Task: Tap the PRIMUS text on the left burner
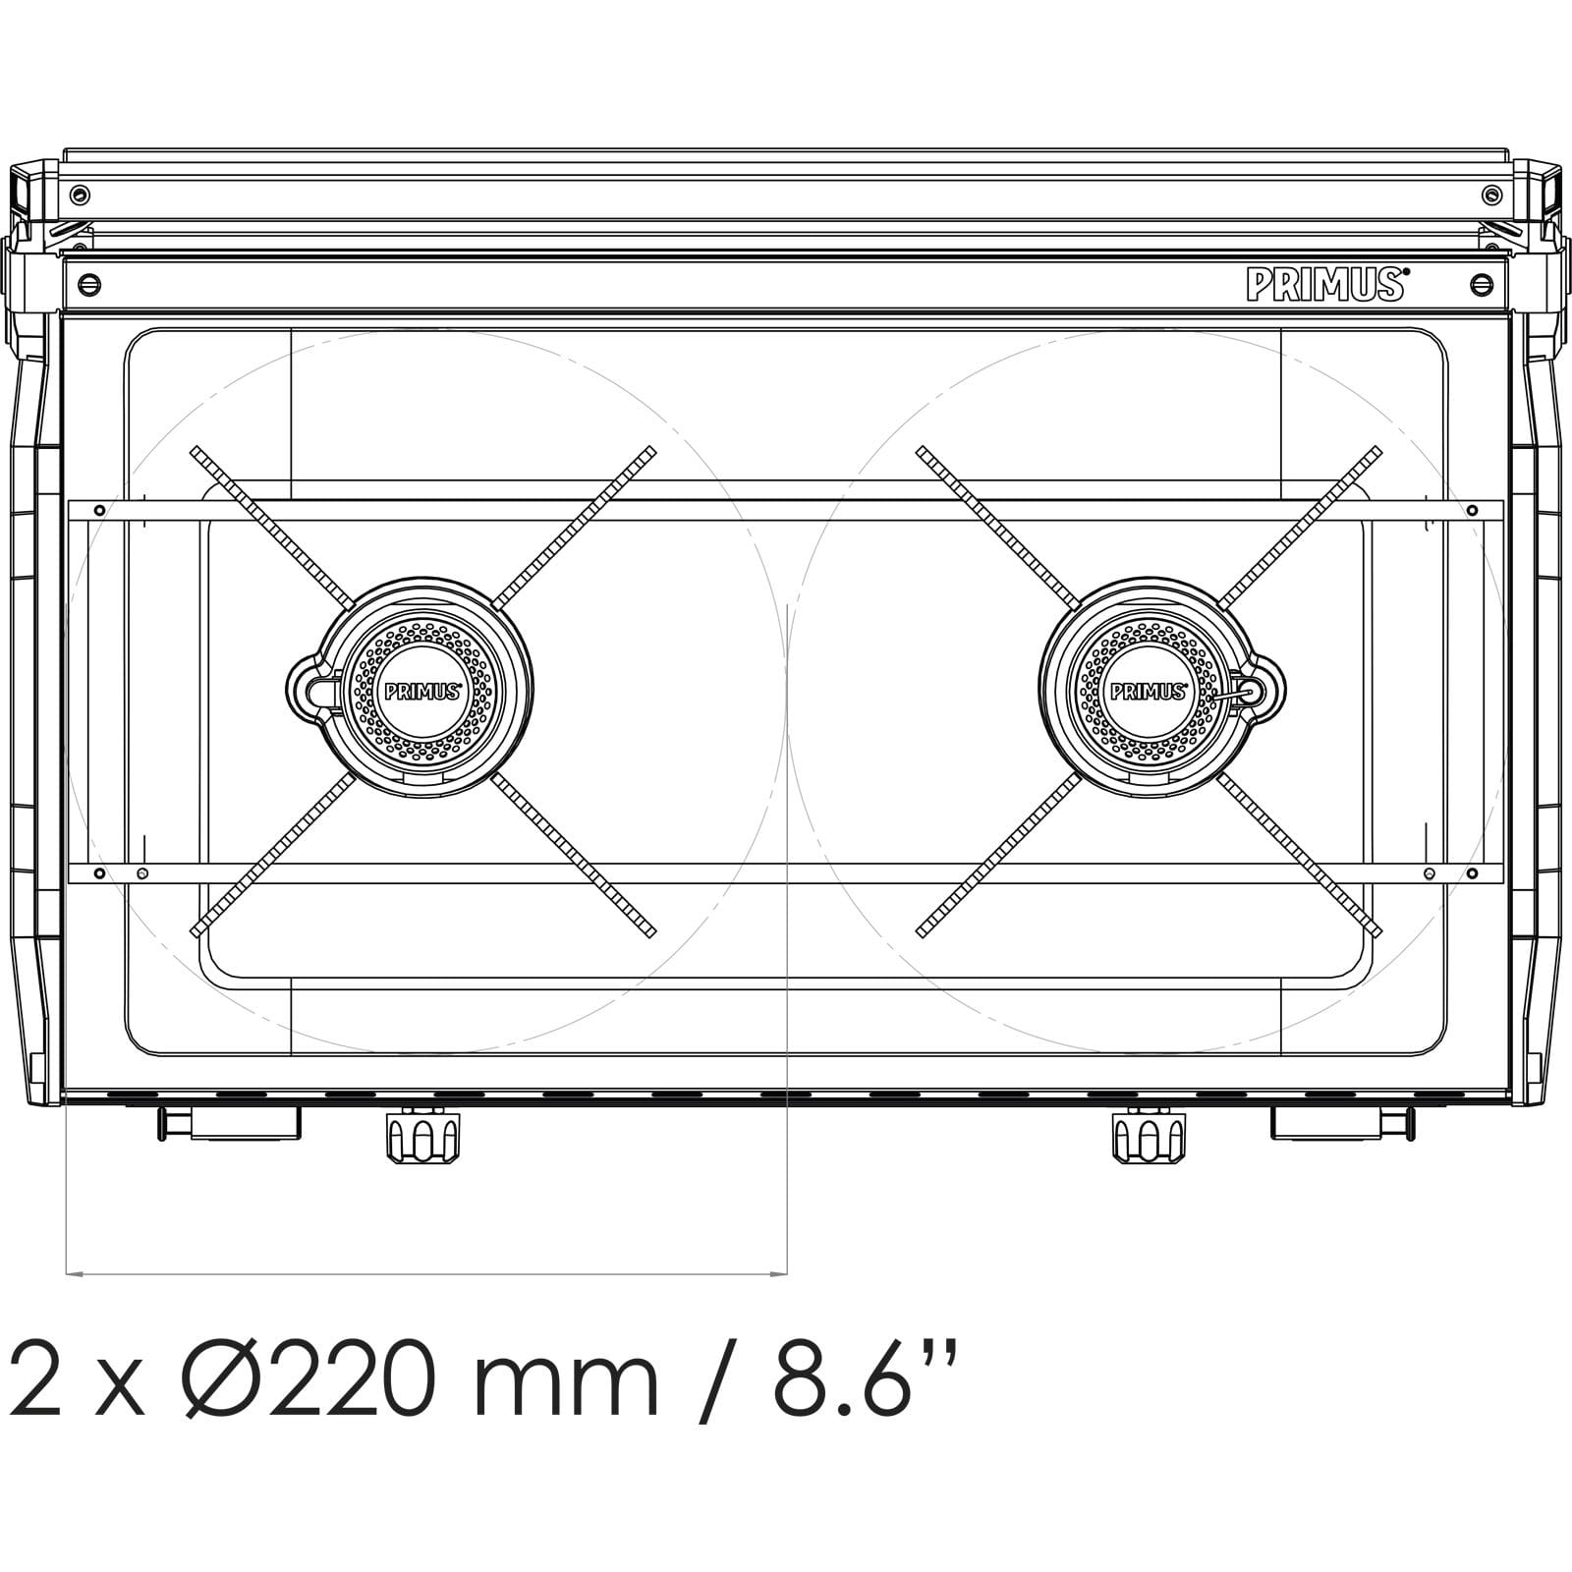point(422,691)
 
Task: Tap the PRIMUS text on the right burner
point(1148,691)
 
